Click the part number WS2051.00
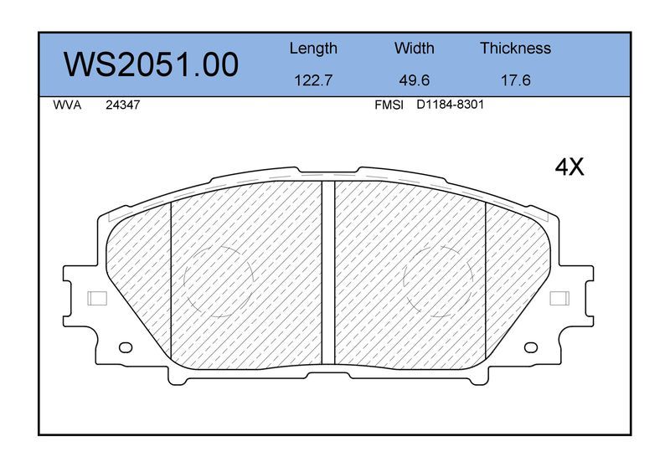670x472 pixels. (151, 64)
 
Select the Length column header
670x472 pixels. (313, 49)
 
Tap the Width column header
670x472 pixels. (414, 48)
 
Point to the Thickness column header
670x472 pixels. (515, 48)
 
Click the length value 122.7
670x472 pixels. (313, 80)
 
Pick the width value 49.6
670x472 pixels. (414, 80)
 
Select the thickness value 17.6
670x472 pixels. (515, 80)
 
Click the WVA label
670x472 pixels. (67, 105)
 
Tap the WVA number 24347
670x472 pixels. (122, 105)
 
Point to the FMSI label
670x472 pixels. (389, 105)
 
